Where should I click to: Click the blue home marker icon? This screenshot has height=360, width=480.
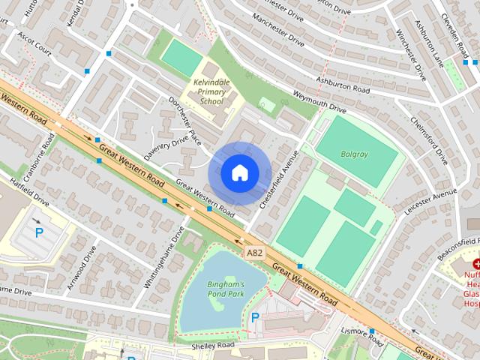click(239, 173)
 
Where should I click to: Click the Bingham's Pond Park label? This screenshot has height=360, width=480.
click(226, 290)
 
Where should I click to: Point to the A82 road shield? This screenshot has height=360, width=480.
click(255, 254)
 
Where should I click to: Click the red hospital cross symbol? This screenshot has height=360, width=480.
click(476, 264)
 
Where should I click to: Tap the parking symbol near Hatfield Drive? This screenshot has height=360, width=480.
click(38, 232)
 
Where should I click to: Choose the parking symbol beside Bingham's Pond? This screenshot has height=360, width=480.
click(255, 318)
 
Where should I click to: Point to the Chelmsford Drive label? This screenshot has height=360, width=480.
click(430, 140)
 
